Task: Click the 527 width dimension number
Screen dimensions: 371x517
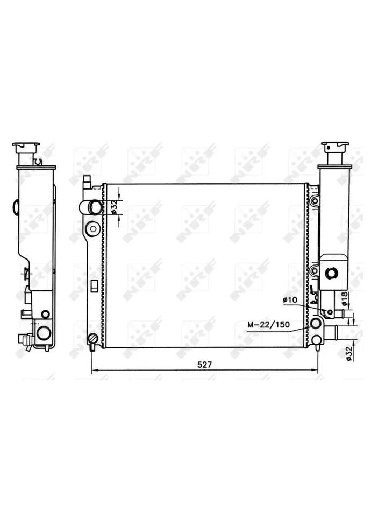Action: (204, 365)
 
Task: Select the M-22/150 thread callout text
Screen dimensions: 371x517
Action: (269, 324)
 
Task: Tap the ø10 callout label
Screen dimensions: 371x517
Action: (290, 300)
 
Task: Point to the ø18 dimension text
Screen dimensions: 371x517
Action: (344, 298)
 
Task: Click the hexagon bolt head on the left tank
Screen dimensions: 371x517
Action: (93, 229)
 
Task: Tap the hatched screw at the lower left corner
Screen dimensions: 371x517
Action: (92, 339)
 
